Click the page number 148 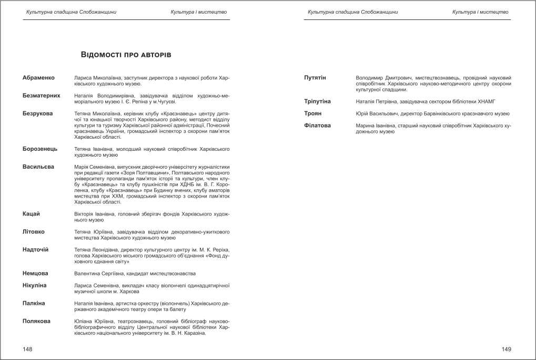[x=28, y=348]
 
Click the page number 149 [x=506, y=348]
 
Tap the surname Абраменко [x=38, y=78]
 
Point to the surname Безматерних [x=42, y=96]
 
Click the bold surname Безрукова [x=37, y=113]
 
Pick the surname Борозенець [x=40, y=149]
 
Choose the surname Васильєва [x=38, y=167]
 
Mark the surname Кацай [x=32, y=214]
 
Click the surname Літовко [x=34, y=231]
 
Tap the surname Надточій [x=36, y=249]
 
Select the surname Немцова [x=35, y=273]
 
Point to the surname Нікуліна [x=35, y=285]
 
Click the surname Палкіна [x=34, y=303]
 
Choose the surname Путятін [x=315, y=78]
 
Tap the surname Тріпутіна [x=318, y=101]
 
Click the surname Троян [x=313, y=113]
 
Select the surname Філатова [x=318, y=125]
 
